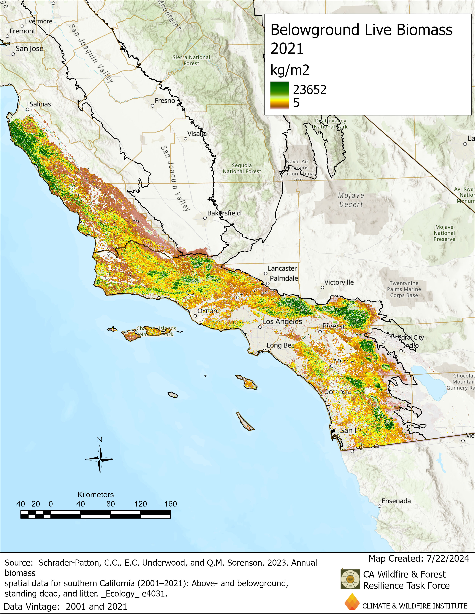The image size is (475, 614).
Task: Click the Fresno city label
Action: coord(165,101)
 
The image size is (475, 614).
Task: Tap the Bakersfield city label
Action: coord(224,213)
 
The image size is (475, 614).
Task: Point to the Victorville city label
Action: coord(339,282)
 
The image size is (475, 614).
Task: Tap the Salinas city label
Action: coord(40,104)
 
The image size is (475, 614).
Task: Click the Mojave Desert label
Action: coord(351,200)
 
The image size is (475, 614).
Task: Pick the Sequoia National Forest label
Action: coord(242,168)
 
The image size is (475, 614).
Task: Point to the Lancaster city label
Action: coord(282,268)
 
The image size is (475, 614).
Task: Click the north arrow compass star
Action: coord(100,459)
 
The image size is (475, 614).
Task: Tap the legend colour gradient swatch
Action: coord(279,95)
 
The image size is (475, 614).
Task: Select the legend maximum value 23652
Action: coord(310,90)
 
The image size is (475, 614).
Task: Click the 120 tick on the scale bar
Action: coord(140,504)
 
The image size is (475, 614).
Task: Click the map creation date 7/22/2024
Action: coord(448,558)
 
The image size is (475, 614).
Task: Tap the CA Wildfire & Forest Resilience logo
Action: coord(350,579)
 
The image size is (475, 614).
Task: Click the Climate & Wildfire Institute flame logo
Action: coord(352,602)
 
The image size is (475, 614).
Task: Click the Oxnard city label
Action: coord(208,311)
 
